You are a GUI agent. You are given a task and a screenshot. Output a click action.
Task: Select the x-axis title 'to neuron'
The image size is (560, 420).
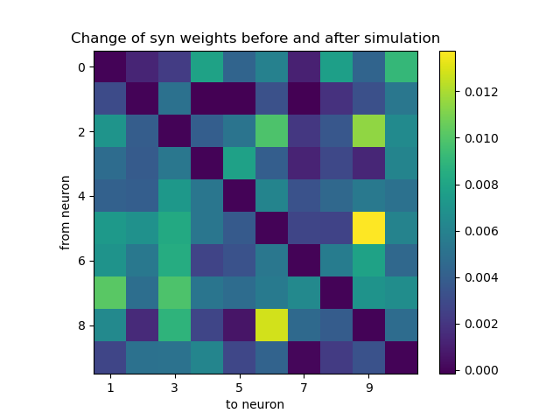tap(255, 404)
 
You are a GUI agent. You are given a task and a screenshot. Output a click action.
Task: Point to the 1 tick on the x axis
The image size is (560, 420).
tap(111, 386)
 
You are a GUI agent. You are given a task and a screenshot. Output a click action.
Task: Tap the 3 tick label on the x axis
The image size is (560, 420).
tap(175, 386)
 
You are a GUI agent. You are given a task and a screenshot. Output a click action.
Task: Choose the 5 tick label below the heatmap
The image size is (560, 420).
tap(240, 386)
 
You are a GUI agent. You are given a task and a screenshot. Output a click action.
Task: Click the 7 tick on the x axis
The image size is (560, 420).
tap(304, 386)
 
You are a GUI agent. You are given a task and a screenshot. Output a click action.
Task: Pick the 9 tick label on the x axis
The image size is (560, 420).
tap(369, 386)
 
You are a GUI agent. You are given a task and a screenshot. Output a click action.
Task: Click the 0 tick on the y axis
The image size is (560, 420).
tap(81, 67)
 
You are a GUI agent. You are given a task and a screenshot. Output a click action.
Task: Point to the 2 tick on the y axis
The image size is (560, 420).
tap(81, 132)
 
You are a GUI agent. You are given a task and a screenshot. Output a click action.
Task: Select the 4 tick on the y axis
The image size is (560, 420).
tap(81, 197)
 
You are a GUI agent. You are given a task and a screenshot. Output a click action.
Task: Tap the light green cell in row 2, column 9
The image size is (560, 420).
tap(368, 132)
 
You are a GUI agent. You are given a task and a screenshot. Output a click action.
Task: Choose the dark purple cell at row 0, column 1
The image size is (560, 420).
tap(111, 67)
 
